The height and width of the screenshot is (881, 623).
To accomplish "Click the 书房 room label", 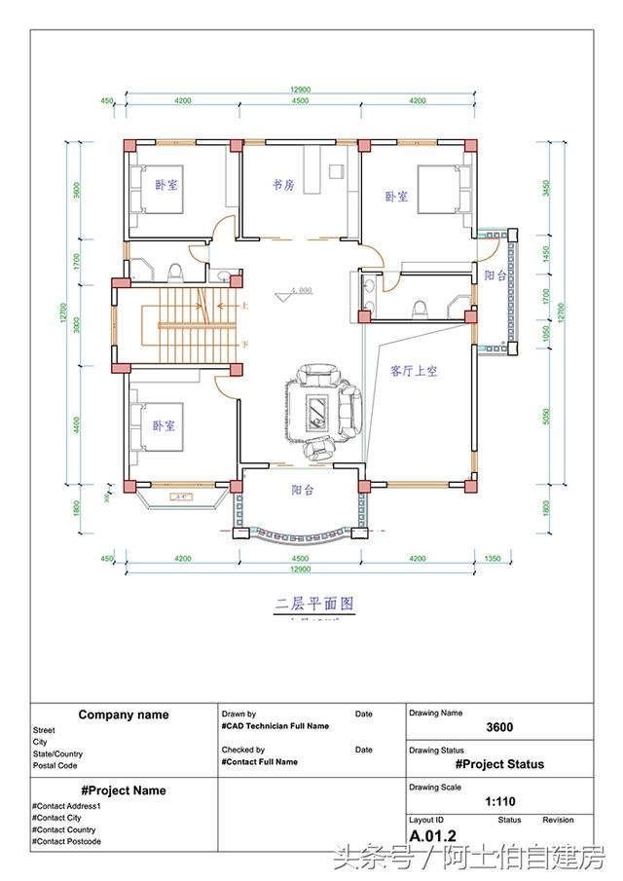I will coord(283,185).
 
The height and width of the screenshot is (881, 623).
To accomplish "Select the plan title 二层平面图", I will coord(313,604).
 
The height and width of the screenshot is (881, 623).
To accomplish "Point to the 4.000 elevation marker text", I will coord(299,290).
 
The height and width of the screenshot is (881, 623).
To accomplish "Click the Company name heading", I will coord(124,715).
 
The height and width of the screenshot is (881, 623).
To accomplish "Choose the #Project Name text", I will coord(124,790).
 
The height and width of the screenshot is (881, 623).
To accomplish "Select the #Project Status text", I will coord(499,764).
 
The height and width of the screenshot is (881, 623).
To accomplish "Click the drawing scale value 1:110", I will coord(499,803).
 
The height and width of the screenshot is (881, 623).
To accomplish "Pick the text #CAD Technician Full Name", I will coord(275,726).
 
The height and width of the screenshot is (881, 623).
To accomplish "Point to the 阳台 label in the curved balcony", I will coord(303,491).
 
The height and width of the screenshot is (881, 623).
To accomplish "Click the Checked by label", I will coord(243,750).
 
